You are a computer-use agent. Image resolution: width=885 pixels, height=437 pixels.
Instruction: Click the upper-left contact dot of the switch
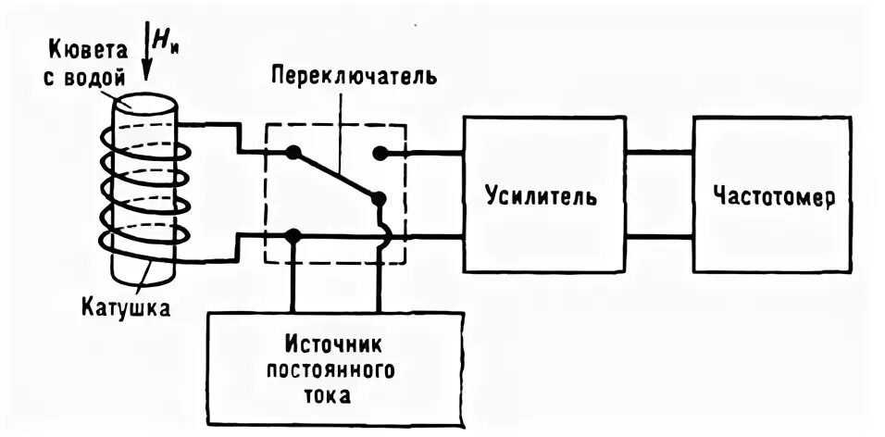pos(293,153)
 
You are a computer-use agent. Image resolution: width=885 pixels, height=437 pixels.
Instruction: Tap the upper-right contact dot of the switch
pos(379,153)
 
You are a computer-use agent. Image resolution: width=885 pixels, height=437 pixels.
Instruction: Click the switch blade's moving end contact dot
pos(378,198)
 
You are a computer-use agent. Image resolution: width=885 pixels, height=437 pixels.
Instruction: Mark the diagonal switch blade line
pos(335,176)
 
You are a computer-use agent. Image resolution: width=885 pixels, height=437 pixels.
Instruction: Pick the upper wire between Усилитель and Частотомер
pos(658,153)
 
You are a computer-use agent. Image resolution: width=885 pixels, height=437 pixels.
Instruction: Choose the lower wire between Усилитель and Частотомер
pos(658,237)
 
